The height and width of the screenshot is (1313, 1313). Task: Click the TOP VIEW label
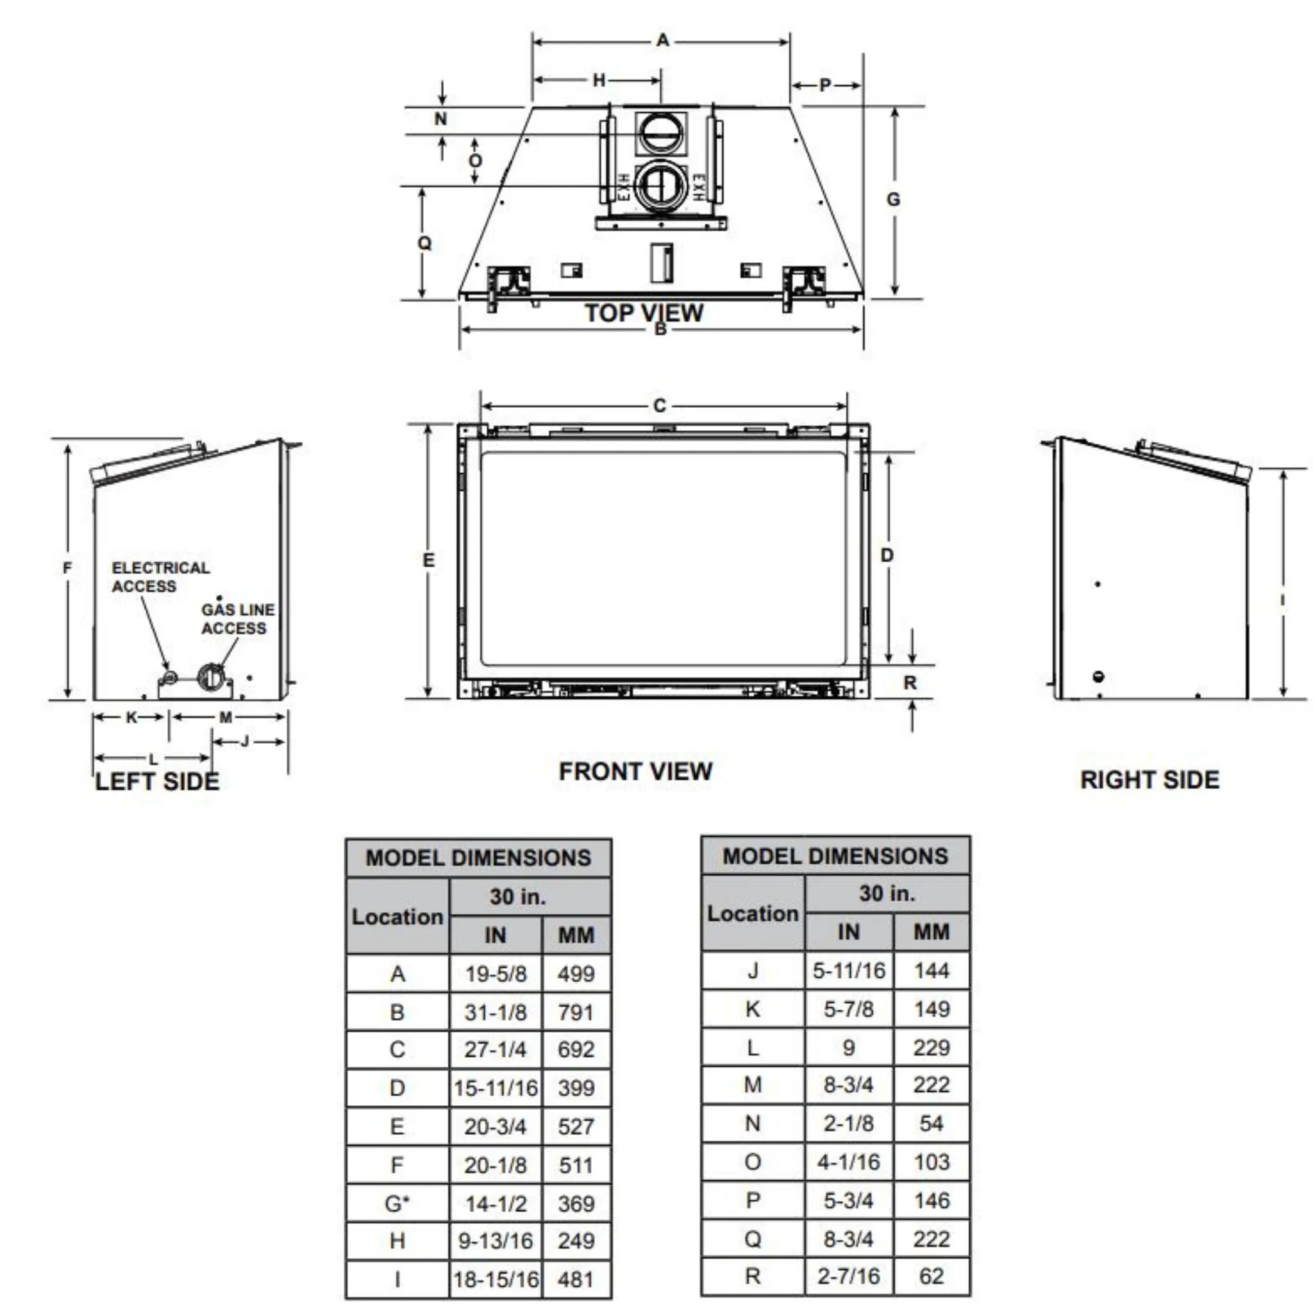(644, 313)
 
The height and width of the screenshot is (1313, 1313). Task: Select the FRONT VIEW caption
(635, 771)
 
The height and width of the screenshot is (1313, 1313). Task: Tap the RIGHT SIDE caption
(1150, 780)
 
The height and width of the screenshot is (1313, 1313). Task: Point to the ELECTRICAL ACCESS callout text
(161, 577)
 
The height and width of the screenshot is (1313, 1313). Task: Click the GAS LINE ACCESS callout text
(238, 619)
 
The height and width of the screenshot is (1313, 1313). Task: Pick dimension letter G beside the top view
(893, 199)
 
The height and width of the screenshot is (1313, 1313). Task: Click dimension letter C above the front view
(659, 406)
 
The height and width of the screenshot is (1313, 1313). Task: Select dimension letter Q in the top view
(424, 242)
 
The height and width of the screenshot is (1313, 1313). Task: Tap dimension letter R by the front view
(910, 682)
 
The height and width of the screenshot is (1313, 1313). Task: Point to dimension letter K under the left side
(132, 717)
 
